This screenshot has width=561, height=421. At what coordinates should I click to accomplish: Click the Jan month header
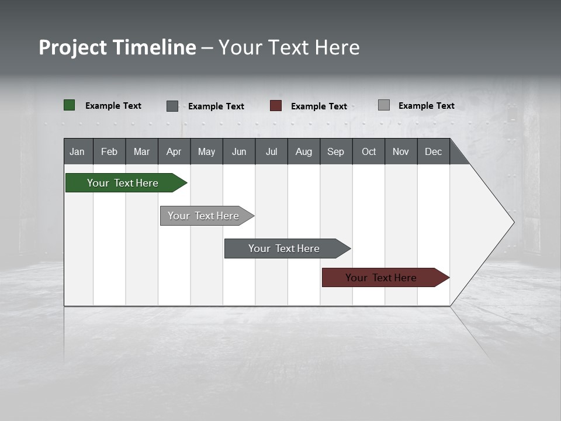point(78,151)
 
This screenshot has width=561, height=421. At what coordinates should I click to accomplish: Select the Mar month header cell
point(141,151)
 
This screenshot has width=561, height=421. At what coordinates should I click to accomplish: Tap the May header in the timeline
point(206,151)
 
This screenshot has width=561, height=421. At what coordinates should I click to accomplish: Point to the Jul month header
point(271,151)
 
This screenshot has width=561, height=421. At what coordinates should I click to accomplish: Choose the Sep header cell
point(335,151)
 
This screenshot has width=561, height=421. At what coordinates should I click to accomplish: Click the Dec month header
point(433,151)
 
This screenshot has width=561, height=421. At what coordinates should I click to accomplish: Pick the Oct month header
point(368,151)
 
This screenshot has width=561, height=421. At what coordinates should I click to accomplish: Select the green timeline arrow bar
point(123,183)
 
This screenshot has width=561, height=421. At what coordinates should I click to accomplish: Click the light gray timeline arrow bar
point(204,216)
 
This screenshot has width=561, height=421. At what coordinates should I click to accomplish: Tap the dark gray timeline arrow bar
point(285,249)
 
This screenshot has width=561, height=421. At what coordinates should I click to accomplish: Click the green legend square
point(70,105)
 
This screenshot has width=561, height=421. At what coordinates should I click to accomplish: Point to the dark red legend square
point(276,106)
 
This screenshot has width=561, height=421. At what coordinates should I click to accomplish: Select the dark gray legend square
point(172,106)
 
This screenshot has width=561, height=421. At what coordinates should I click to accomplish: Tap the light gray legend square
point(384,105)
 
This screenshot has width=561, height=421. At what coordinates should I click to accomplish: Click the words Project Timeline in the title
point(117,47)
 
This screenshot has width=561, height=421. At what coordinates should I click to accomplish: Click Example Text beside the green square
point(113,106)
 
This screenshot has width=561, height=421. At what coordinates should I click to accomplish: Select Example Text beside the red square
point(319,106)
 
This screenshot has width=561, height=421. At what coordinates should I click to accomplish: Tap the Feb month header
point(109,151)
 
